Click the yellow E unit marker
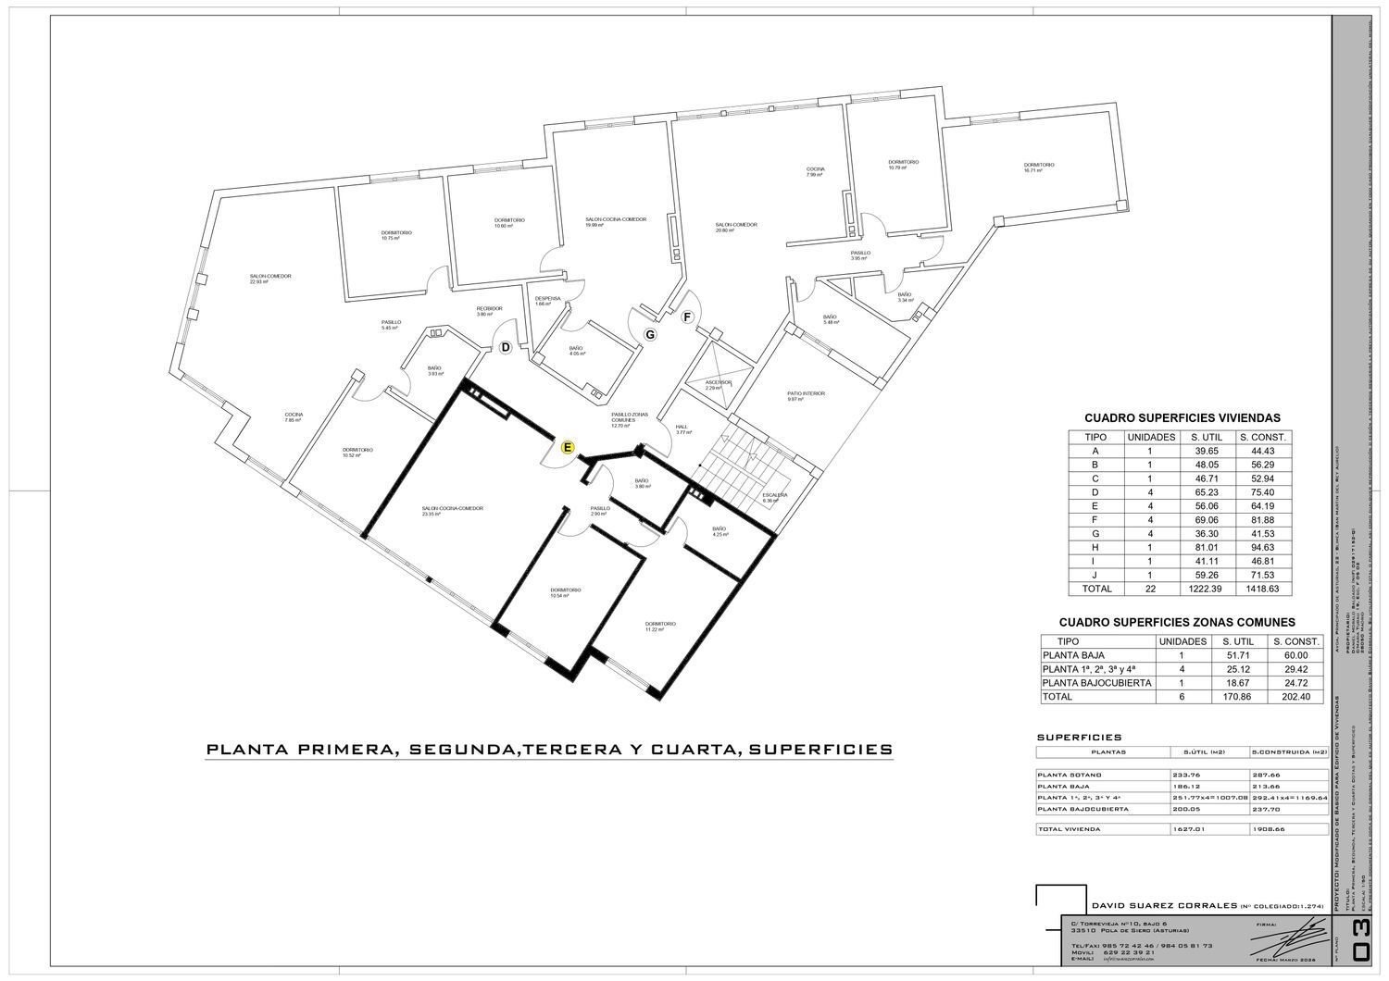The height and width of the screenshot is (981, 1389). click(569, 447)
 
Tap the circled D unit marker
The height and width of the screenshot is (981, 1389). click(506, 348)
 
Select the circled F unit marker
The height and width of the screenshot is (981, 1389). click(687, 317)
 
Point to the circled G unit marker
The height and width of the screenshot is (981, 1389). click(650, 334)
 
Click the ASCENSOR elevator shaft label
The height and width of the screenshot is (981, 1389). click(719, 384)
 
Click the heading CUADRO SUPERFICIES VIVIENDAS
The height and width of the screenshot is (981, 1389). click(1182, 418)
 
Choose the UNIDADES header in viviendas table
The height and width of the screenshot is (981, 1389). click(1151, 437)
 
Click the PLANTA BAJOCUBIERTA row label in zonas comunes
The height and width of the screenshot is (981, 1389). click(1096, 683)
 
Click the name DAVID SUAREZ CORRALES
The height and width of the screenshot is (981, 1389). click(1163, 905)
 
